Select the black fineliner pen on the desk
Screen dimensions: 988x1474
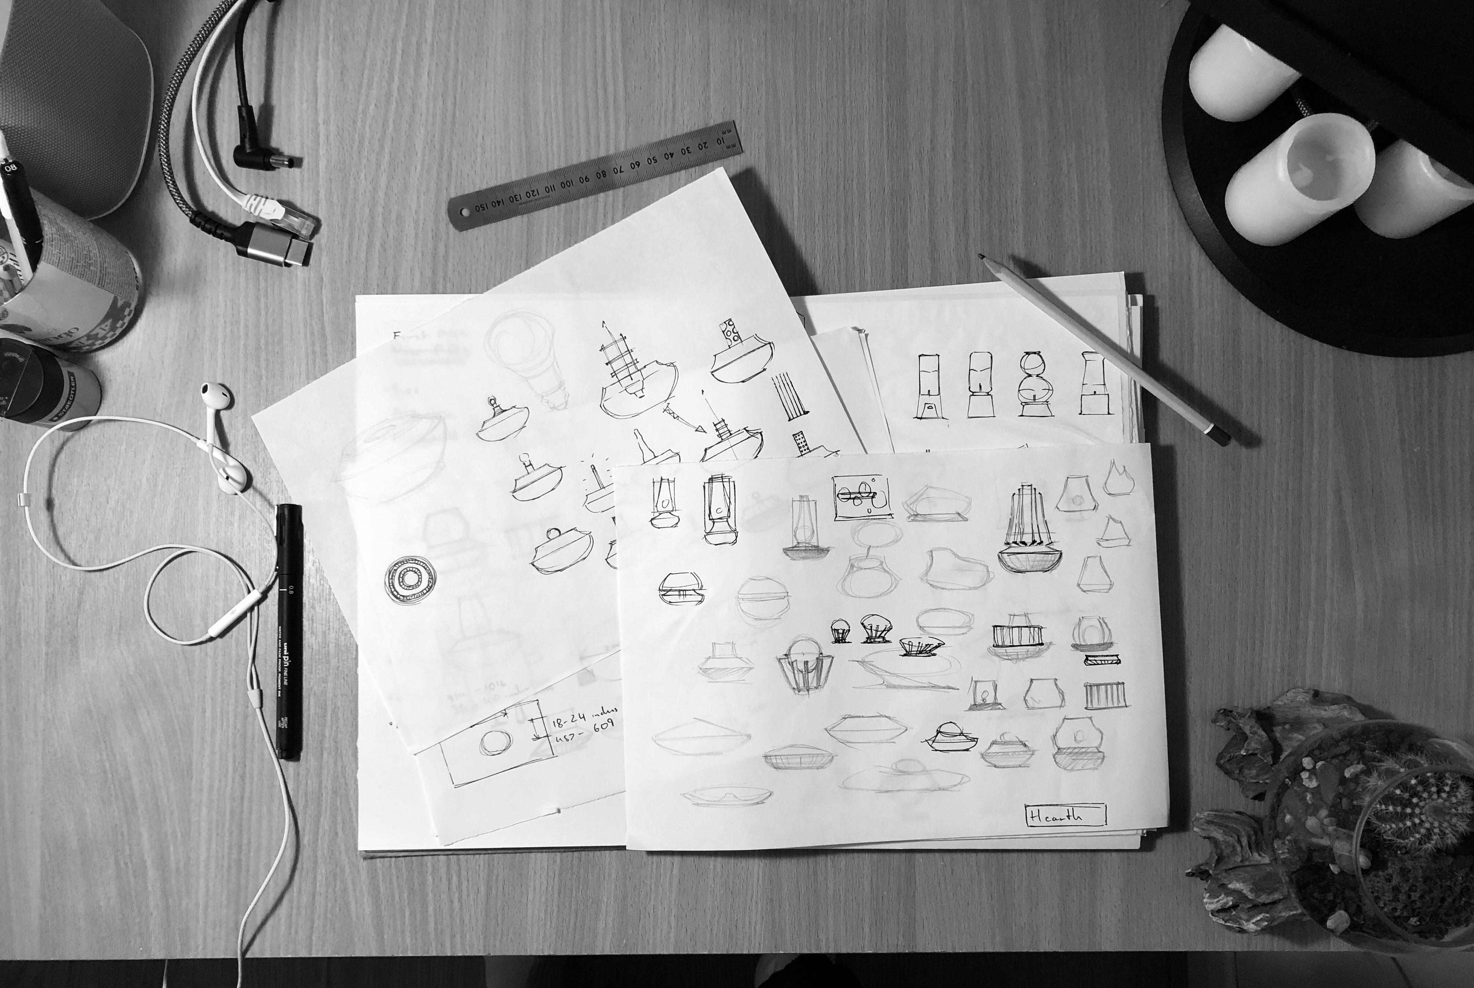[x=289, y=630]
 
